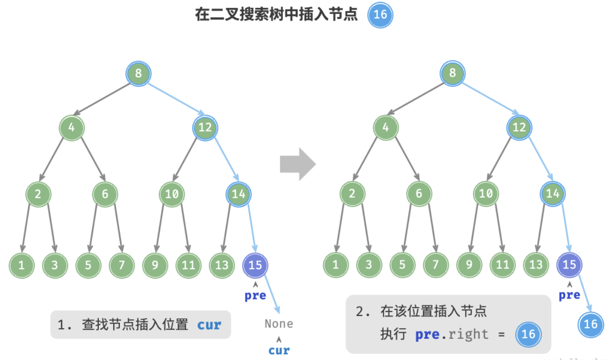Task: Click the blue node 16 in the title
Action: [380, 15]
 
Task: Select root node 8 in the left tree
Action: [139, 74]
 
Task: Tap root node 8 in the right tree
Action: [452, 73]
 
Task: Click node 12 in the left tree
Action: [205, 128]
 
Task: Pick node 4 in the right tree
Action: [385, 127]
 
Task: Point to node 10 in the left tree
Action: [172, 194]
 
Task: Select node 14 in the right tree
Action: [552, 194]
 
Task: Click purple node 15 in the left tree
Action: [255, 266]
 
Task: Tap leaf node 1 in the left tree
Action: [22, 266]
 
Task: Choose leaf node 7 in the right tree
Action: [436, 265]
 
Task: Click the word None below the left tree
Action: [279, 324]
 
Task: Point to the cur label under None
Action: [279, 351]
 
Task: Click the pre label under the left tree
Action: [255, 296]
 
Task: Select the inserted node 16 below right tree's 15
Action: [590, 324]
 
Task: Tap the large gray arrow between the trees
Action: [298, 164]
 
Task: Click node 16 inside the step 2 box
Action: [528, 334]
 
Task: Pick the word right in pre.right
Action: [468, 335]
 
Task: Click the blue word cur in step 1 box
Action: [209, 325]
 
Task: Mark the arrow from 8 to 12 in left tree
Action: [176, 99]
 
